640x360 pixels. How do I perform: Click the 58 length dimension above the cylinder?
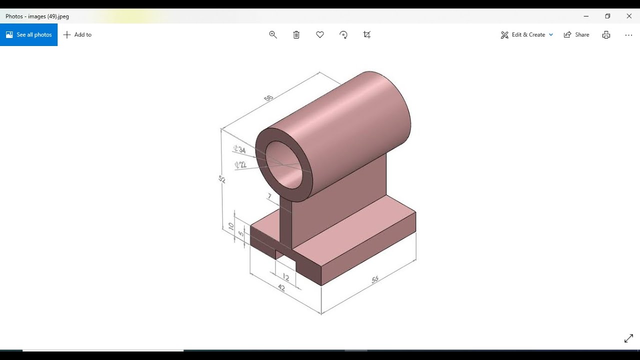tap(268, 98)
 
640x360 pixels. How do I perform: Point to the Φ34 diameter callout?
tap(239, 149)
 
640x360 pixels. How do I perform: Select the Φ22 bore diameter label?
tap(240, 164)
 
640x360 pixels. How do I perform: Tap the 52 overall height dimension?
tap(222, 179)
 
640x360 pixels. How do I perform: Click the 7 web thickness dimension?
tap(269, 196)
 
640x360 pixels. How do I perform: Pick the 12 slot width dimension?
tap(285, 277)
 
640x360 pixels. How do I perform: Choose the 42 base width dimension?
tap(281, 288)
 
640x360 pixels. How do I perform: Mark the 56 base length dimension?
tap(375, 280)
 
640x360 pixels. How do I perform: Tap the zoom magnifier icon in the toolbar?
tap(273, 34)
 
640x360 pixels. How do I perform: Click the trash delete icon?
tap(296, 34)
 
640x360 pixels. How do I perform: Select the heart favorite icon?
tap(320, 34)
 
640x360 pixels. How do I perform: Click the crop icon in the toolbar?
tap(367, 34)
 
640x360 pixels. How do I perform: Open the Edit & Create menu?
tap(527, 34)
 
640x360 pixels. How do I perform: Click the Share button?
tap(576, 34)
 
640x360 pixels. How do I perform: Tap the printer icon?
tap(606, 34)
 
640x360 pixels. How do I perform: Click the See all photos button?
tap(29, 34)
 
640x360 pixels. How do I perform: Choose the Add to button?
tap(77, 34)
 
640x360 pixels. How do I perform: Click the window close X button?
tap(629, 16)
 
